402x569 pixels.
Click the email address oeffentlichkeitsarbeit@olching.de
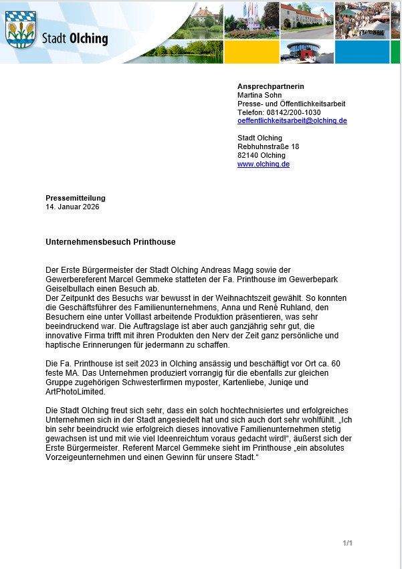click(292, 121)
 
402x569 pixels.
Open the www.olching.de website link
click(263, 164)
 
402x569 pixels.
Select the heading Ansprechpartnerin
click(266, 87)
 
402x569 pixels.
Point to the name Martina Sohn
click(260, 95)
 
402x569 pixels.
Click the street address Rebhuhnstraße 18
click(268, 146)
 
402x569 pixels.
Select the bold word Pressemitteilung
click(76, 198)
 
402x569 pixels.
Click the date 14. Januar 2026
click(72, 207)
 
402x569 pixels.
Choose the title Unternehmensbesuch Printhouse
click(110, 241)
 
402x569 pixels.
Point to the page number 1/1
click(347, 543)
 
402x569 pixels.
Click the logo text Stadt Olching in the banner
click(74, 38)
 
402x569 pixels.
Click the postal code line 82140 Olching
click(262, 155)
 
